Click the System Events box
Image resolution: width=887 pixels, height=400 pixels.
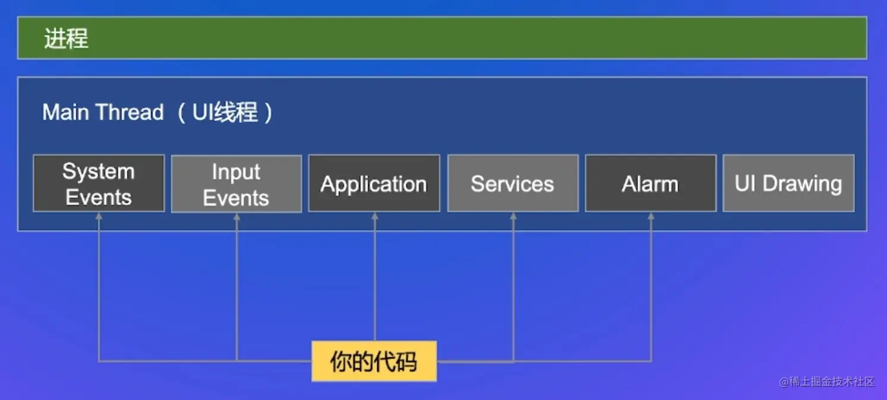pos(99,183)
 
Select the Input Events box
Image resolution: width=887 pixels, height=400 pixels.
pos(236,184)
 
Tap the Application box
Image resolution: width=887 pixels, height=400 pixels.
pos(374,183)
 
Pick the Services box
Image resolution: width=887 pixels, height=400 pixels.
pos(512,183)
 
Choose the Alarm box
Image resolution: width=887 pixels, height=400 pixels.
pos(650,183)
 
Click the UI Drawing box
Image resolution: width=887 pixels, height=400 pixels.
pos(788,183)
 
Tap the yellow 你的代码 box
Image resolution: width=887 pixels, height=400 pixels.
pos(374,361)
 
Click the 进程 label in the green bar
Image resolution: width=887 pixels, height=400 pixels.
pos(66,39)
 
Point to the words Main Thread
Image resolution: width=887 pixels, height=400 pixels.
pos(103,112)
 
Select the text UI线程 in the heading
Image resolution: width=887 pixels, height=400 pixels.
pos(225,112)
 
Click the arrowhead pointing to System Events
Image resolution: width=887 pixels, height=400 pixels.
pos(99,217)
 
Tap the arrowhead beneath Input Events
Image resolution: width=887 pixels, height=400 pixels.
pos(237,217)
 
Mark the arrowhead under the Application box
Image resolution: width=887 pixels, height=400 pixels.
pos(375,217)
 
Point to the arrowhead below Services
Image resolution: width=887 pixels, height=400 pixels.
pos(513,217)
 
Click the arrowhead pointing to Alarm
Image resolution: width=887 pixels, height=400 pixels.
pos(651,217)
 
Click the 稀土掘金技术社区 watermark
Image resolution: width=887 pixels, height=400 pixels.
pos(827,382)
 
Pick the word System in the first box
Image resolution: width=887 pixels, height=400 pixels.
pos(99,171)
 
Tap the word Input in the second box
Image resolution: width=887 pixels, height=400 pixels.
pos(236,171)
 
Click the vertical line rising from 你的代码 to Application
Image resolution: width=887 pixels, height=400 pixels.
pos(375,280)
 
